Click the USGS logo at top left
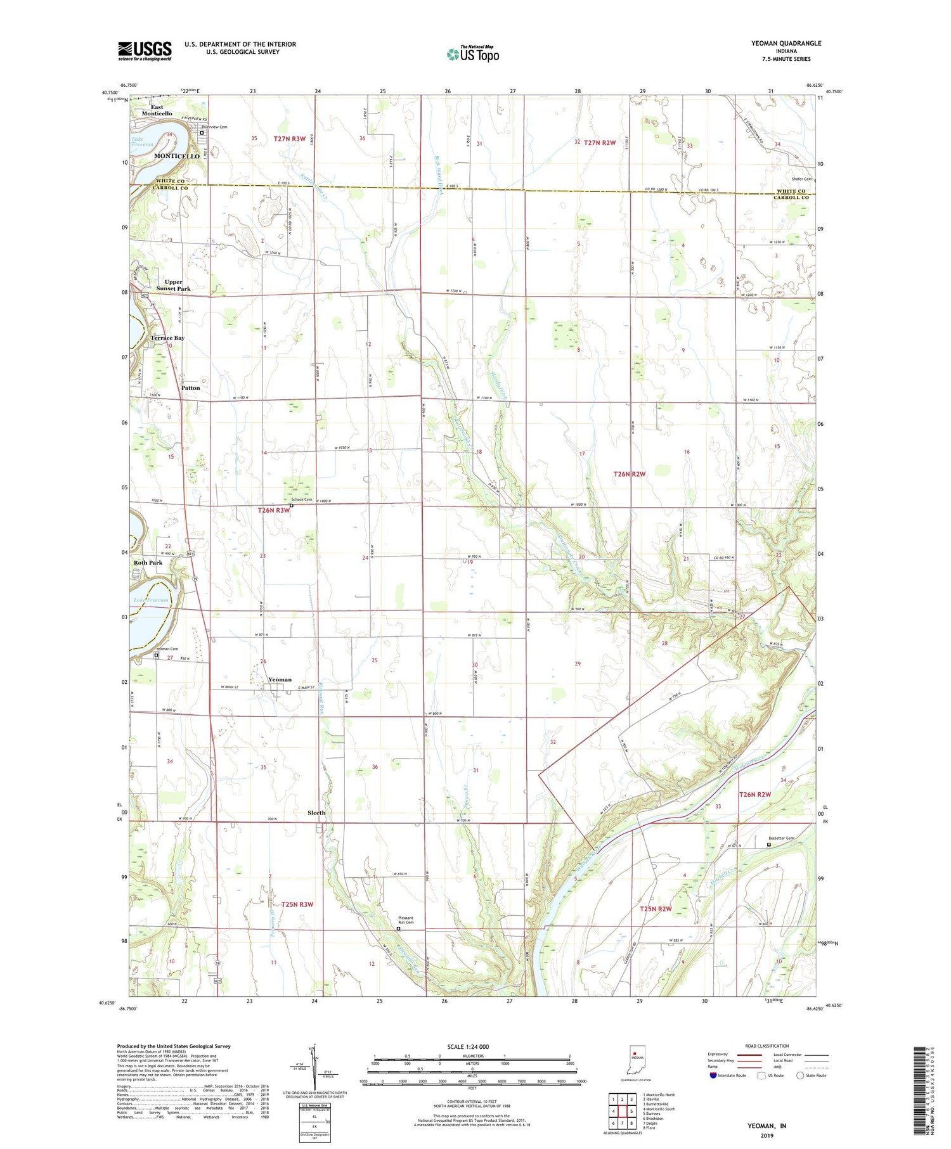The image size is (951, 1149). pos(145,51)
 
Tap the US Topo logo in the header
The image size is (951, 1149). pos(472,55)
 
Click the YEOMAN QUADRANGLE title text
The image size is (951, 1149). pos(777,43)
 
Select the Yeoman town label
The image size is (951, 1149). pos(280,679)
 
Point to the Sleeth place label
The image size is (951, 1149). pos(316,812)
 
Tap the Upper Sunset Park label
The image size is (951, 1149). pos(173,285)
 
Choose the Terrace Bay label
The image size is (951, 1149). pos(167,338)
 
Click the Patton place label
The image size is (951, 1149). pos(190,387)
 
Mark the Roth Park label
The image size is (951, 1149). pos(148,562)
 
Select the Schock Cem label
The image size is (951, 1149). pos(301,499)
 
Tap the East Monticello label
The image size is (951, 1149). pos(157,110)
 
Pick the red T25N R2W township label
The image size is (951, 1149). pos(655,909)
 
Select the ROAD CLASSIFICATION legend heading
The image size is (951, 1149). pos(767,1046)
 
